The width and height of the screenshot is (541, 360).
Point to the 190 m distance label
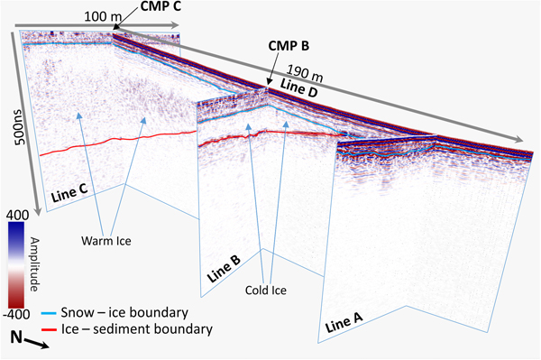coord(304,70)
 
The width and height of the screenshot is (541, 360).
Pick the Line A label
coord(342,318)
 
